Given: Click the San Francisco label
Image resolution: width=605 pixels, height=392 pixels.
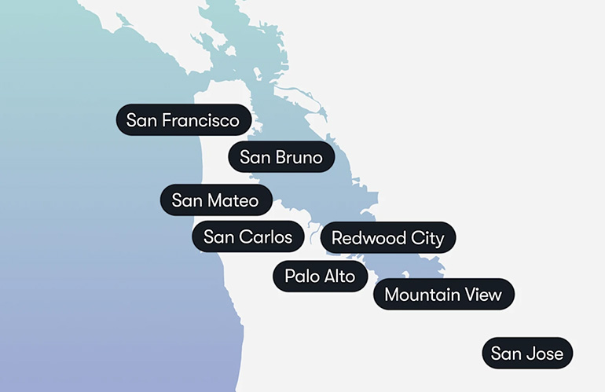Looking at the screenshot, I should point(183,120).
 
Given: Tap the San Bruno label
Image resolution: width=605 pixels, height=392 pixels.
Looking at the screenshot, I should point(281,157).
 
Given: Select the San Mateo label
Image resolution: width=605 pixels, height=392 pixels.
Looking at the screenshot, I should point(215,200).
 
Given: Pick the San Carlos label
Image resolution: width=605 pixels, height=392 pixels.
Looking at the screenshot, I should point(247,236).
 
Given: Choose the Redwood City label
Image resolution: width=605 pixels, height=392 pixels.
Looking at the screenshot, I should point(387,237).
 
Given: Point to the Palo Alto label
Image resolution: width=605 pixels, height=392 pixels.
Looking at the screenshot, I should point(320,276).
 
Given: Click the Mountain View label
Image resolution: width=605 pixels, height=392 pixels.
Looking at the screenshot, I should point(443,295).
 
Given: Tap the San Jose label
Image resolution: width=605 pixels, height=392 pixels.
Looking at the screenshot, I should point(527,354).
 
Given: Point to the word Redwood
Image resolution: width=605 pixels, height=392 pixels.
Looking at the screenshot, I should point(367,237).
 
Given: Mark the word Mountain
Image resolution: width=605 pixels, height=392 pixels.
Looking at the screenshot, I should point(422,295).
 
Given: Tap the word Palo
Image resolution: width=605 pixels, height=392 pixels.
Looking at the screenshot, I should point(301,276).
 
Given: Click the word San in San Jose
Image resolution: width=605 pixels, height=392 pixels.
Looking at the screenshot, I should point(506,354).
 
